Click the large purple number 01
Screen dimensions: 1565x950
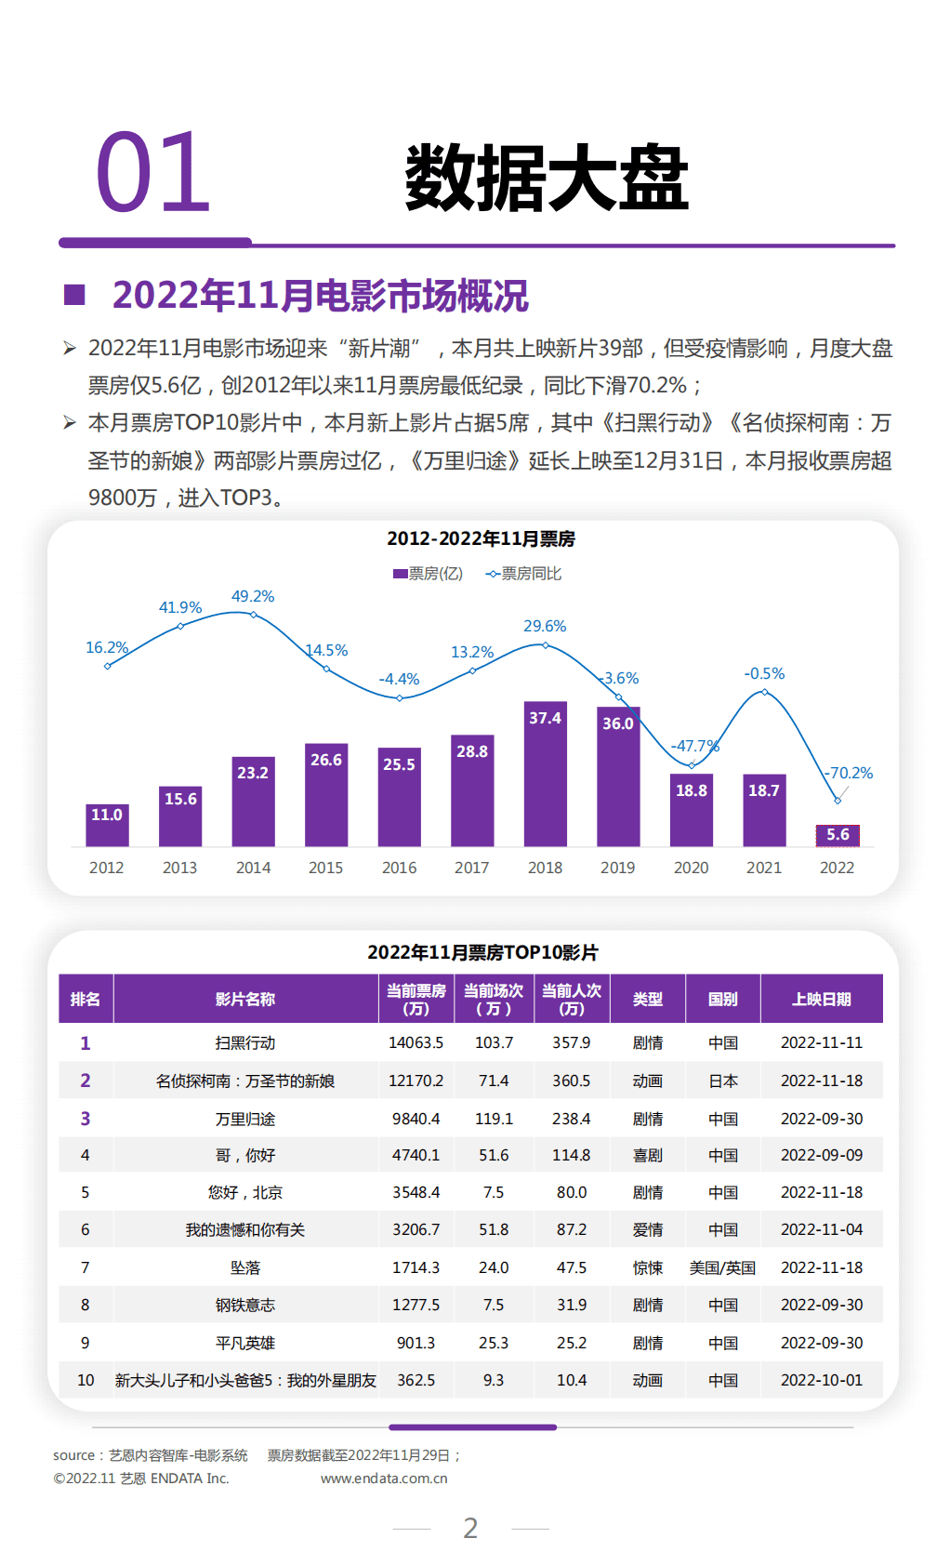click(153, 173)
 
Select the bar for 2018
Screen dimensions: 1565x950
click(545, 774)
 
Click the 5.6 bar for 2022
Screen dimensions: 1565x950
click(837, 835)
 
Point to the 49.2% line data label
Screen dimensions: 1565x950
click(253, 596)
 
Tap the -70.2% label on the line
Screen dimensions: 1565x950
click(849, 773)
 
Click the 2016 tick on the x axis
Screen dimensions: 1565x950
click(399, 868)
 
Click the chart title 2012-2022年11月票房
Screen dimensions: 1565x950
click(481, 538)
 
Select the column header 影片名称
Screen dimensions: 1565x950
click(245, 999)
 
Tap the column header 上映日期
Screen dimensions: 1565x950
click(822, 999)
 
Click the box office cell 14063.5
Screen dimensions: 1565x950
click(416, 1042)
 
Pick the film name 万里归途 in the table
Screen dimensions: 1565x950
click(245, 1119)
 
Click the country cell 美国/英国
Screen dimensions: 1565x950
click(722, 1267)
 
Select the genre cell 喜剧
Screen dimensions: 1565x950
click(648, 1155)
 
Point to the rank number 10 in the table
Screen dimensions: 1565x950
click(86, 1380)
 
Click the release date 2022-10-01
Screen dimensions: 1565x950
click(822, 1380)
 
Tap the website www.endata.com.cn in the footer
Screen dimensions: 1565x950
click(384, 1479)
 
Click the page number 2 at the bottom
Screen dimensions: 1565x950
click(470, 1528)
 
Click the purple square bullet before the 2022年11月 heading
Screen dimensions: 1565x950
click(74, 296)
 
